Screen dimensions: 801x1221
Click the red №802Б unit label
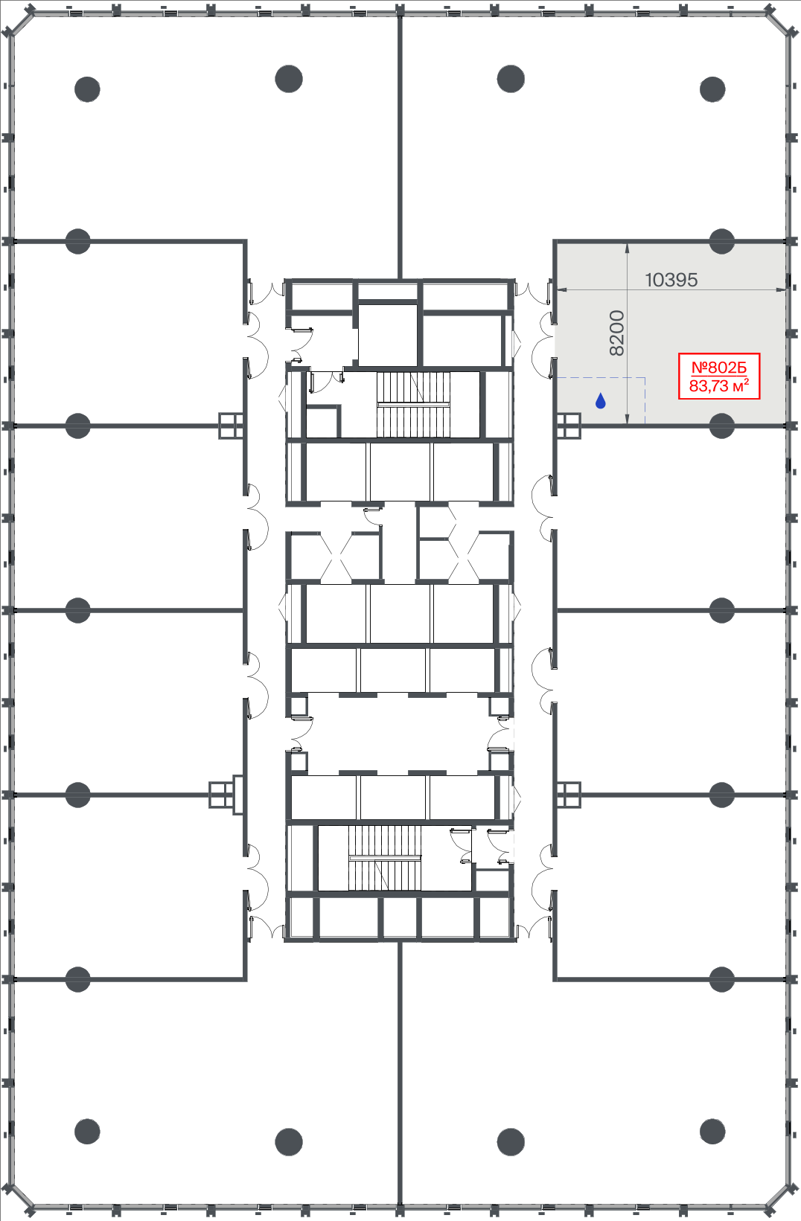click(718, 368)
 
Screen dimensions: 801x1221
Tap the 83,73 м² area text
click(718, 386)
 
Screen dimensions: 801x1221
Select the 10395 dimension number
click(671, 280)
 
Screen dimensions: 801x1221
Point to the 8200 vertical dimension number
click(616, 333)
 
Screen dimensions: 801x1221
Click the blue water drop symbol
click(600, 400)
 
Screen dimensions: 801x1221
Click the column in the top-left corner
click(87, 89)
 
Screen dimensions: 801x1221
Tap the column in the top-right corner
click(712, 89)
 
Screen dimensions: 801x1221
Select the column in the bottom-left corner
click(87, 1132)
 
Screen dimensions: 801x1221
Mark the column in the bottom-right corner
click(712, 1132)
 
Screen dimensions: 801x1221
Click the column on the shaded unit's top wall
click(721, 242)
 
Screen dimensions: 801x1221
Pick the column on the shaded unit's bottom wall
click(721, 426)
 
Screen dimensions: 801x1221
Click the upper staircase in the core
click(413, 405)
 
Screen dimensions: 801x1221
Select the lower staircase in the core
click(385, 858)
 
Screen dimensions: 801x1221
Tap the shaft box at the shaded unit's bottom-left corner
click(568, 426)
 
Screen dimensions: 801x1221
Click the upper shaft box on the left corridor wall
click(231, 426)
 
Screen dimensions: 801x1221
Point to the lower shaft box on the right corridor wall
click(568, 795)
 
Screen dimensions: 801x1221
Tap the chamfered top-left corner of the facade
click(19, 22)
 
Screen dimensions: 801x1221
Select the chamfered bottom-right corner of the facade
click(781, 1199)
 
